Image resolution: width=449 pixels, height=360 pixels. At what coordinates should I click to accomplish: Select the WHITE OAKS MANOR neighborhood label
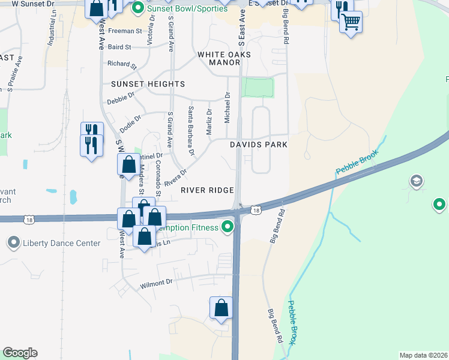click(x=224, y=58)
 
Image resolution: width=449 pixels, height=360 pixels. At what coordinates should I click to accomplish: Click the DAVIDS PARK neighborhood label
click(x=259, y=145)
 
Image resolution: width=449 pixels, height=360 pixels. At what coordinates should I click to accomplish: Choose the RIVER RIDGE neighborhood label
click(x=207, y=190)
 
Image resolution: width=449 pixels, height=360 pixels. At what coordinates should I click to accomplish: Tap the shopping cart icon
click(x=351, y=23)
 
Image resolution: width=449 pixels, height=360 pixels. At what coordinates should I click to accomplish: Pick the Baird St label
click(x=120, y=46)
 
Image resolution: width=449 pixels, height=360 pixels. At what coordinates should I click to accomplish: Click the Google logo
click(x=20, y=353)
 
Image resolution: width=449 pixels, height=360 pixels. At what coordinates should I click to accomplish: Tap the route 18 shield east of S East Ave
click(x=256, y=210)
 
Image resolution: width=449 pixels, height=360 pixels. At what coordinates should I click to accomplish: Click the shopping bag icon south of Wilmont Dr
click(x=221, y=308)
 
